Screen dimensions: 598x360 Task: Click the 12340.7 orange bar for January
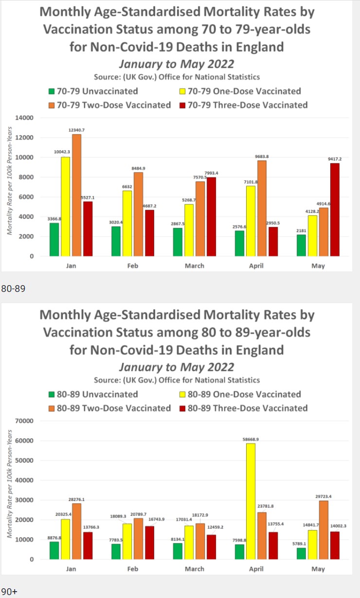pyautogui.click(x=77, y=195)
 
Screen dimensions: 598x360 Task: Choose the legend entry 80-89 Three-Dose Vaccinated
pyautogui.click(x=243, y=408)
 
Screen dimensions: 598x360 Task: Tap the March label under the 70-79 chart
pyautogui.click(x=195, y=266)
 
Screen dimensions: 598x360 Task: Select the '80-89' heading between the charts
pyautogui.click(x=13, y=289)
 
